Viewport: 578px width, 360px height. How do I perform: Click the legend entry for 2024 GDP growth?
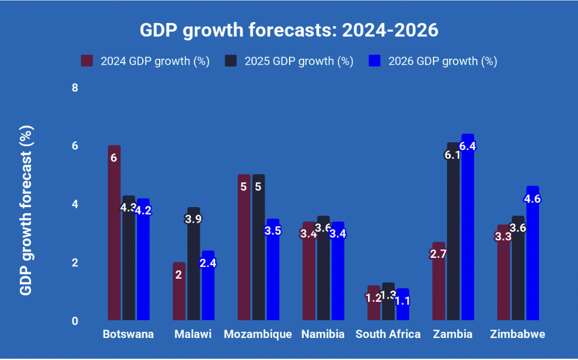coord(146,61)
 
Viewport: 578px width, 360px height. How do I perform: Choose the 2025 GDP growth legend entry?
coord(290,61)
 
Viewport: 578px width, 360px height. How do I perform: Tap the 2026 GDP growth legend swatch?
coord(375,61)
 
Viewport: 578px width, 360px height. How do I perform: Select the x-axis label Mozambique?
coord(258,334)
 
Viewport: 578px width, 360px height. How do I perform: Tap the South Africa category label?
coord(388,334)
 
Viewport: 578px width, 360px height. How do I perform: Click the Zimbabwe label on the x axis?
coord(518,334)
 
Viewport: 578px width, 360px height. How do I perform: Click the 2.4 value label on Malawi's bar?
coord(208,262)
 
